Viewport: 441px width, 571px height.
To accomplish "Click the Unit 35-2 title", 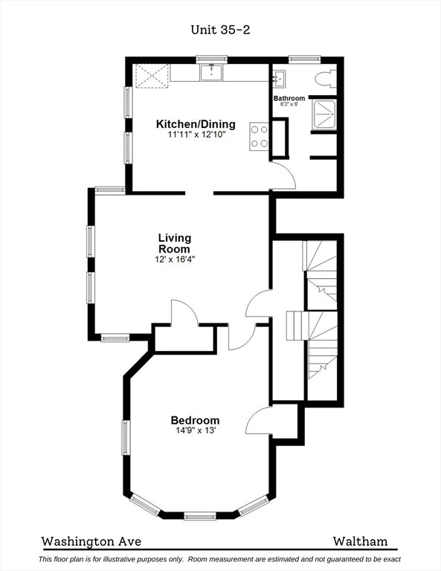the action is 220,30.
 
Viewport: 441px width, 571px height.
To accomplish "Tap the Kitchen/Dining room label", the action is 196,124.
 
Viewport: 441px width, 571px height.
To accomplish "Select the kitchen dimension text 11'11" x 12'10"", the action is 196,135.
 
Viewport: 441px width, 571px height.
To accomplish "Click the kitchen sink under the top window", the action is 211,72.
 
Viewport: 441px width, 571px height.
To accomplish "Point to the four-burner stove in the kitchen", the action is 259,136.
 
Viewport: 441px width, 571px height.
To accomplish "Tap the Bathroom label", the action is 289,98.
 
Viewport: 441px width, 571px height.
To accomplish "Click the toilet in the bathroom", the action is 325,79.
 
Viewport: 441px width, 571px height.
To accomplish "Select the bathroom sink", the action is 280,79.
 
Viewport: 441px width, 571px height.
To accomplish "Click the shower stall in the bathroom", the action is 324,114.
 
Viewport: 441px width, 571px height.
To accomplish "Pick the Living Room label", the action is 175,243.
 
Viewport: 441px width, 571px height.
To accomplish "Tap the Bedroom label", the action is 195,420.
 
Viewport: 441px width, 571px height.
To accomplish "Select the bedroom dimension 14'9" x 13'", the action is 196,430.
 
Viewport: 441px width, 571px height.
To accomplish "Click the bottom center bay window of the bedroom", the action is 200,516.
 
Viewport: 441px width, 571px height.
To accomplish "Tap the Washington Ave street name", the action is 91,541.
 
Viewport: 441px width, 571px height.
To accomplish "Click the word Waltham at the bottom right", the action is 360,541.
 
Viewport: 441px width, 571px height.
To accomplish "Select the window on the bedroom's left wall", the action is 126,437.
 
